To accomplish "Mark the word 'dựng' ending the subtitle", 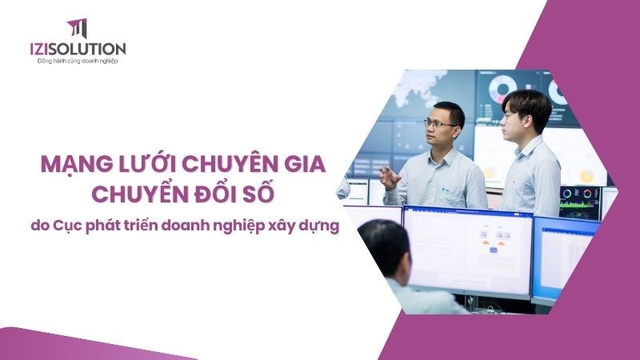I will coord(320,227).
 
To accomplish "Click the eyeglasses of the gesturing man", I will coord(438,125).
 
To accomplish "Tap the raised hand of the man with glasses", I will coord(390,177).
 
